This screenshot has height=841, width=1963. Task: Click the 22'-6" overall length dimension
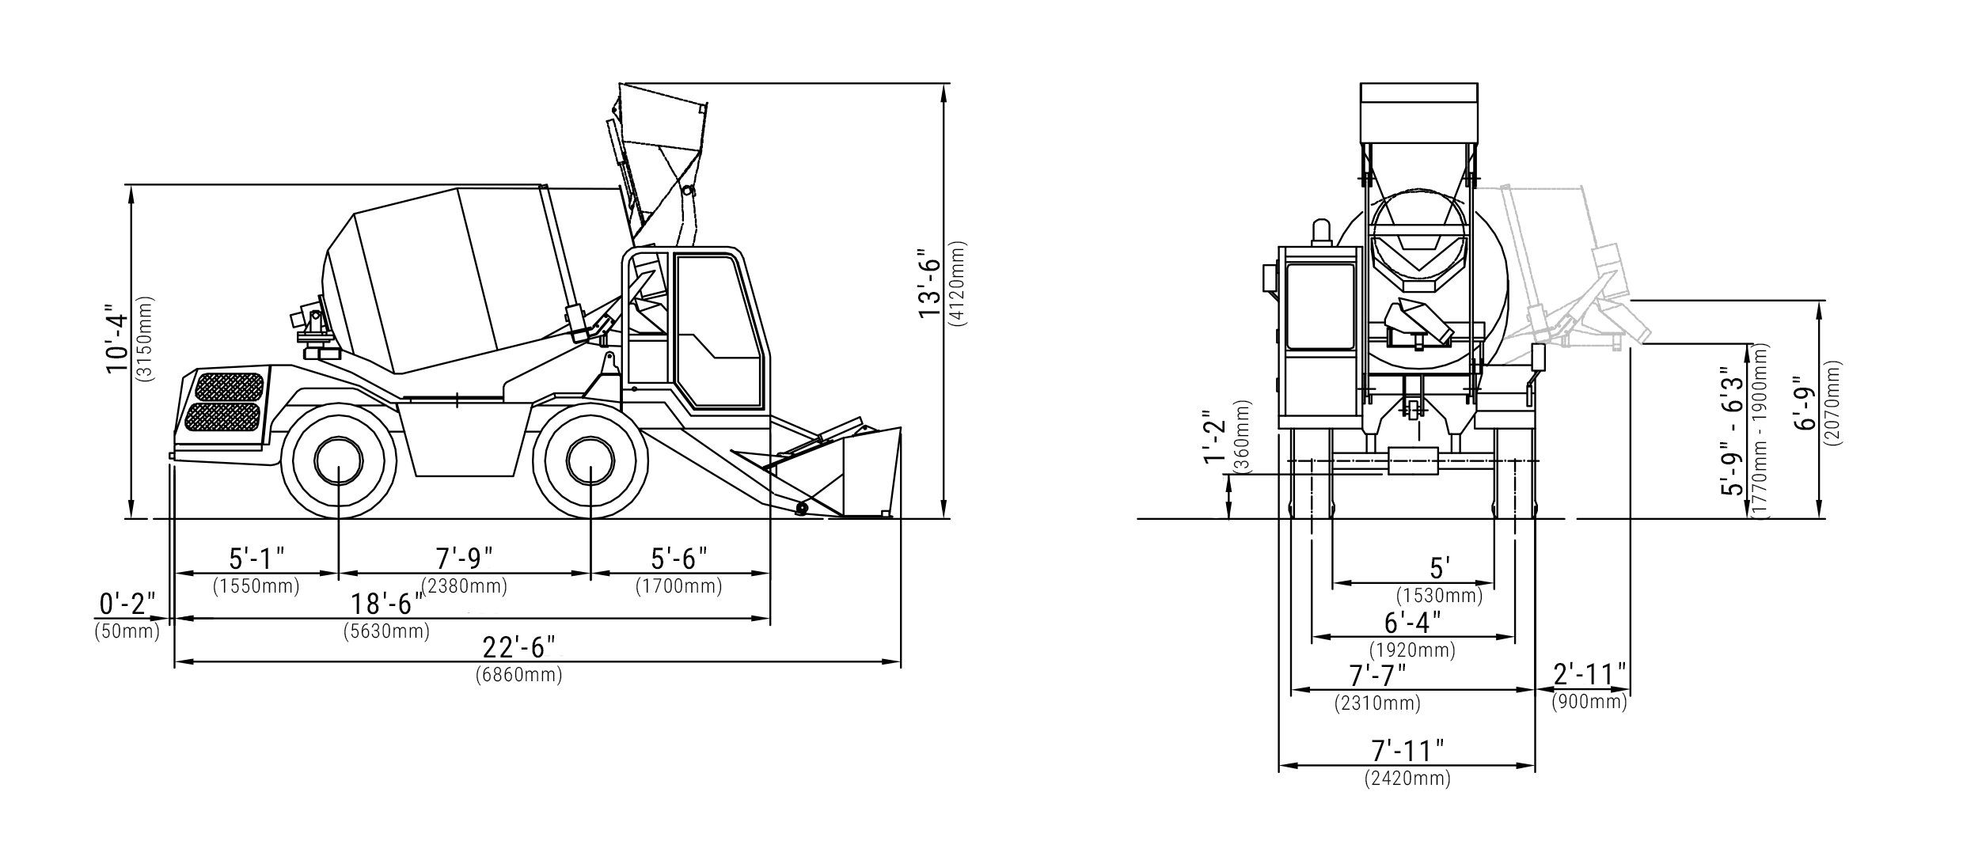519,647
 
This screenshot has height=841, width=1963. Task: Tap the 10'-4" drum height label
117,339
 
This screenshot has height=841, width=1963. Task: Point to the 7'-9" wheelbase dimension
465,559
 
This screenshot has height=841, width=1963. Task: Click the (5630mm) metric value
386,632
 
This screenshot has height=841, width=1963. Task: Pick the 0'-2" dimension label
127,604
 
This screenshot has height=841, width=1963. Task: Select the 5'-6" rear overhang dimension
679,559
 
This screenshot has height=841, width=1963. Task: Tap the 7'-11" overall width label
1407,749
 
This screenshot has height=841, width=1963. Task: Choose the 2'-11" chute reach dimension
1589,675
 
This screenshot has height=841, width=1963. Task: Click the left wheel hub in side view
339,462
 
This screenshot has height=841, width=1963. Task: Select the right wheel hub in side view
590,462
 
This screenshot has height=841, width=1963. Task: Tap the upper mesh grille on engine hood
229,387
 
